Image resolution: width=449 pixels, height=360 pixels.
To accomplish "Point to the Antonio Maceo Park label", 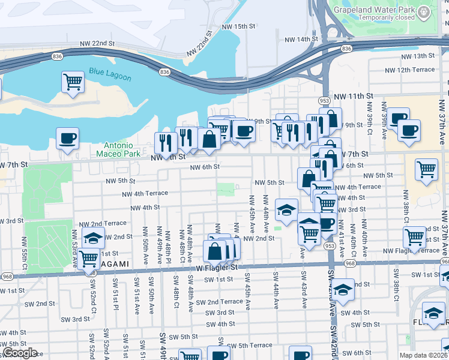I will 122,149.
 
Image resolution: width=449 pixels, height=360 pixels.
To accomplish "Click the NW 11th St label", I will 354,96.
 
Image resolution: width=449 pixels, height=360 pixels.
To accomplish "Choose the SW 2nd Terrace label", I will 219,302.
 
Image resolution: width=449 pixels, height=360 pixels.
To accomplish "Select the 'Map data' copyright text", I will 426,355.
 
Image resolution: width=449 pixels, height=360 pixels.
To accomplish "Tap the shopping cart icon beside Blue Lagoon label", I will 73,82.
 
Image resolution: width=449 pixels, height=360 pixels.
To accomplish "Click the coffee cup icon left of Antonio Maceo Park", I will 67,139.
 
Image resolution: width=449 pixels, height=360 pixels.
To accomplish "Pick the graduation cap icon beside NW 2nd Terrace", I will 93,238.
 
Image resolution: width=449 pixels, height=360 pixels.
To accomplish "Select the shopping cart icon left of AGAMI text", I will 89,259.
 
